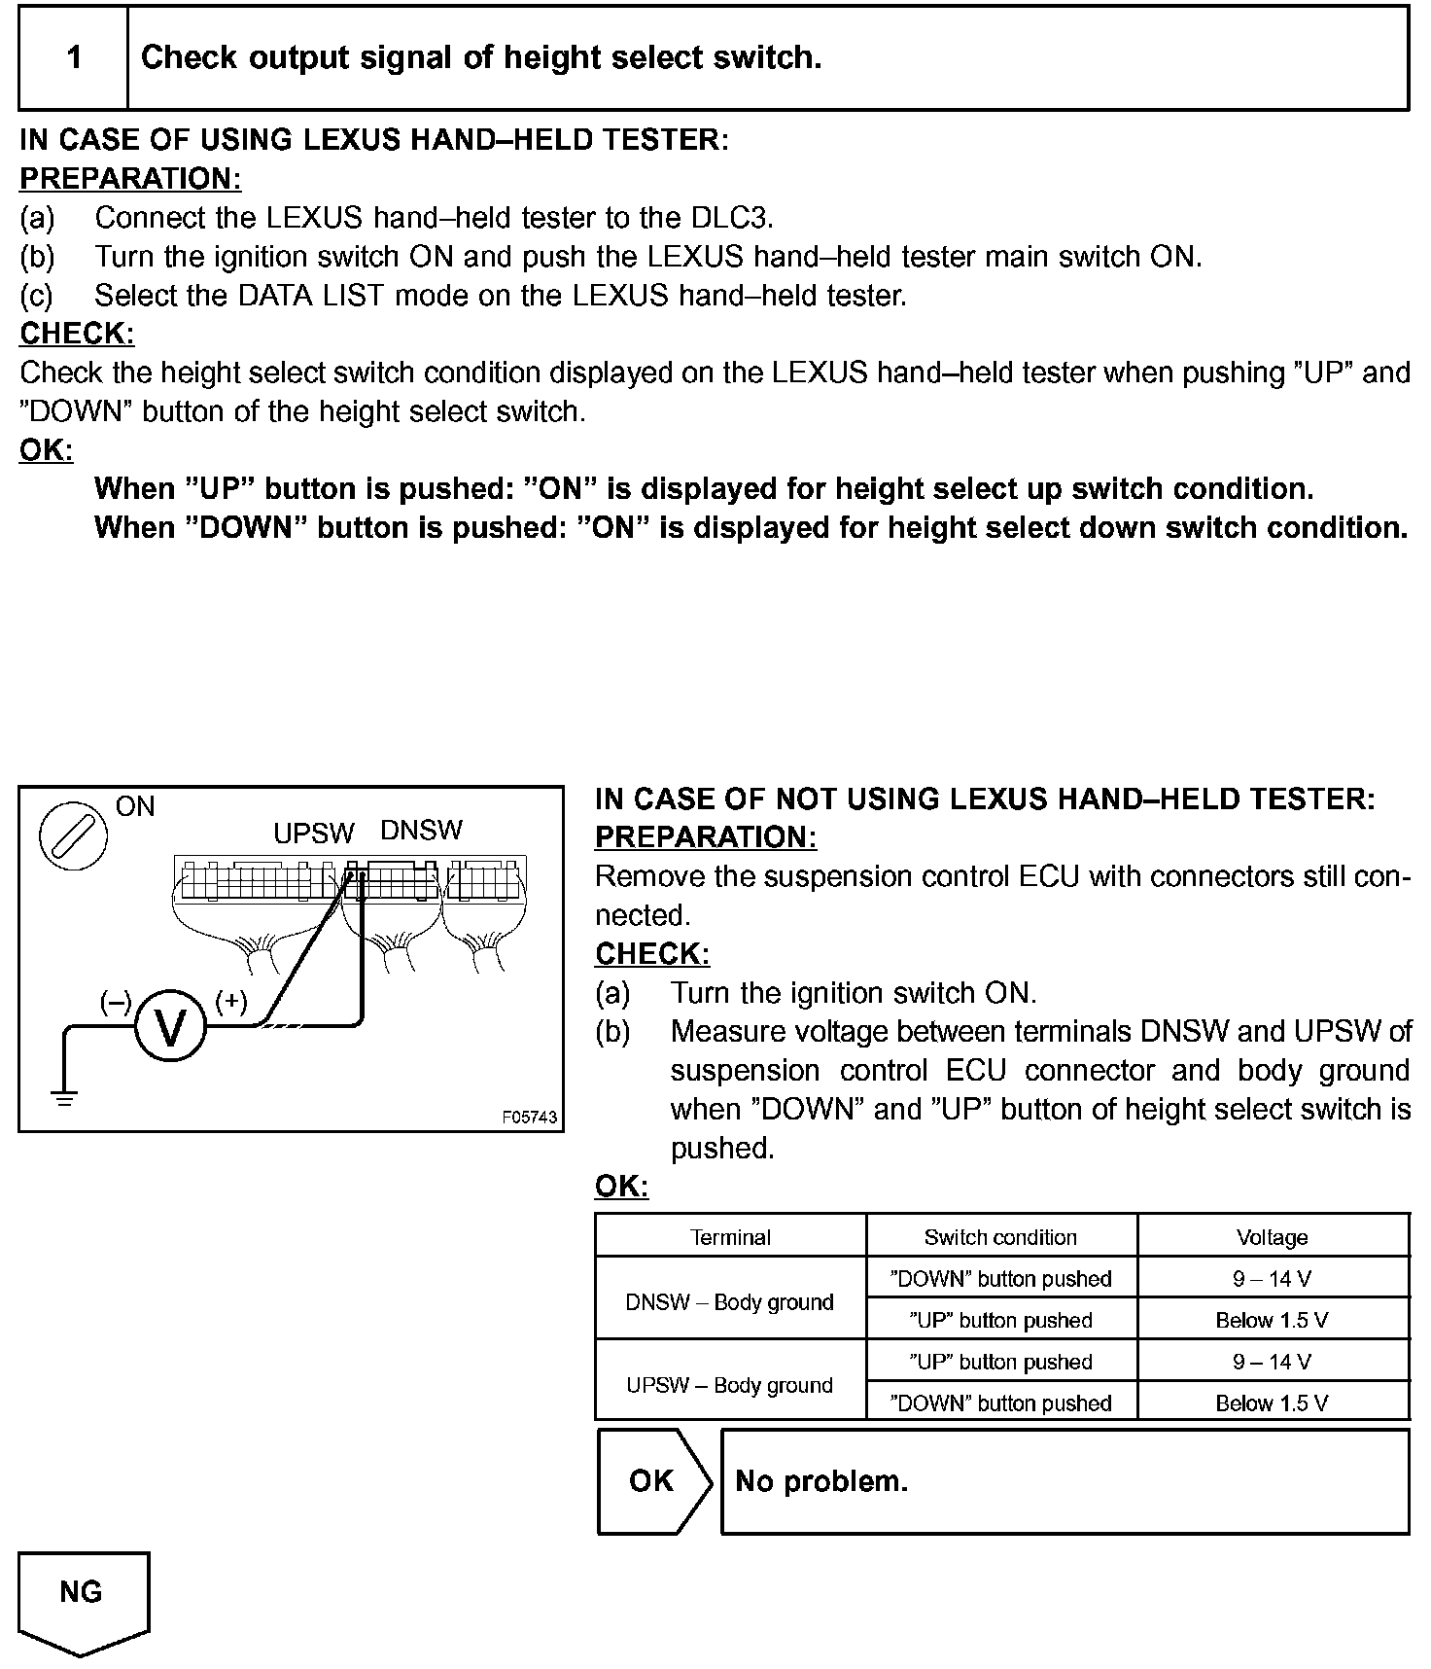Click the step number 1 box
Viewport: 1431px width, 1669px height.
pyautogui.click(x=75, y=58)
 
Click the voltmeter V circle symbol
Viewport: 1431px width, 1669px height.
pyautogui.click(x=170, y=1026)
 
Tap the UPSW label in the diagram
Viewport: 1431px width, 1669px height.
pyautogui.click(x=313, y=834)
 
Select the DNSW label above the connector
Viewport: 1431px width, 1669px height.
pyautogui.click(x=421, y=830)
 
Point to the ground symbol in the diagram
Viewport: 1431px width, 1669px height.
pyautogui.click(x=65, y=1100)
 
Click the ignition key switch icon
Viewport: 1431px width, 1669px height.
pyautogui.click(x=73, y=835)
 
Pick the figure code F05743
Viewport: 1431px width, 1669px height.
pyautogui.click(x=530, y=1118)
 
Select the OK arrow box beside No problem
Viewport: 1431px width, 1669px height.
pyautogui.click(x=652, y=1480)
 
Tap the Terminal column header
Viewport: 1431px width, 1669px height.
pyautogui.click(x=730, y=1236)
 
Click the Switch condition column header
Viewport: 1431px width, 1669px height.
pyautogui.click(x=1000, y=1236)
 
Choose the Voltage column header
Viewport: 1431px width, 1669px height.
pyautogui.click(x=1272, y=1236)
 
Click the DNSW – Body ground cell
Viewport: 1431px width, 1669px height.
pyautogui.click(x=730, y=1301)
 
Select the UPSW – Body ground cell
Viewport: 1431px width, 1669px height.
pyautogui.click(x=730, y=1384)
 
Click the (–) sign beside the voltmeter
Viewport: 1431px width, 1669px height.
pyautogui.click(x=116, y=1001)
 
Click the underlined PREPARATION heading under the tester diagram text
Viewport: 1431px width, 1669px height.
pyautogui.click(x=706, y=836)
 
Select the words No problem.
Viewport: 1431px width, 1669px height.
pyautogui.click(x=821, y=1480)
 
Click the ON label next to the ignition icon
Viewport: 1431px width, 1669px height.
pyautogui.click(x=135, y=806)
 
